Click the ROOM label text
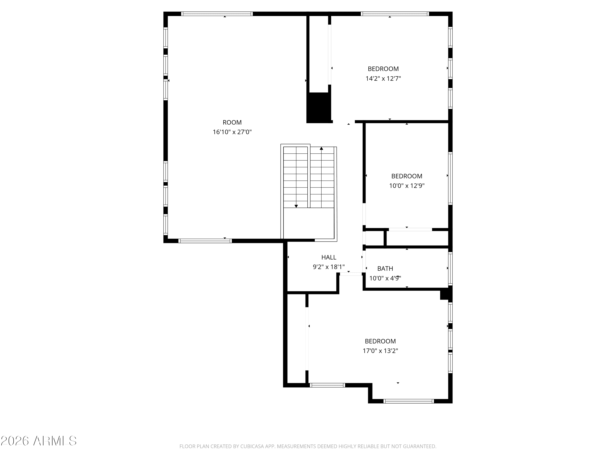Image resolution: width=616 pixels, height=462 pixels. [x=232, y=122]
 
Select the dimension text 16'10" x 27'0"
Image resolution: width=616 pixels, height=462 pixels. [x=232, y=132]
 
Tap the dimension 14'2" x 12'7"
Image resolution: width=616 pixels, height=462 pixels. [x=383, y=78]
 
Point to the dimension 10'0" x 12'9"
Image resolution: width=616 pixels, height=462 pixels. [x=407, y=186]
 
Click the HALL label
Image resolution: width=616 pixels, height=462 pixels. [x=329, y=257]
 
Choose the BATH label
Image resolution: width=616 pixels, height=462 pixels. [x=385, y=268]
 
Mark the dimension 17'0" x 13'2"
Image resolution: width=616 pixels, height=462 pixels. [x=380, y=351]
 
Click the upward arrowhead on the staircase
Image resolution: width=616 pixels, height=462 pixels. [x=321, y=148]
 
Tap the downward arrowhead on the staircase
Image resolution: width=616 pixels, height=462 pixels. [x=296, y=206]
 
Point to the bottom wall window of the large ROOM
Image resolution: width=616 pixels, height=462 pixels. [x=205, y=241]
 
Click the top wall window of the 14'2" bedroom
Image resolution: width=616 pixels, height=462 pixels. [x=395, y=14]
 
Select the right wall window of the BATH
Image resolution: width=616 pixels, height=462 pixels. [x=450, y=268]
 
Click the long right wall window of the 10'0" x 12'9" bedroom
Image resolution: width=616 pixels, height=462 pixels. [x=450, y=178]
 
